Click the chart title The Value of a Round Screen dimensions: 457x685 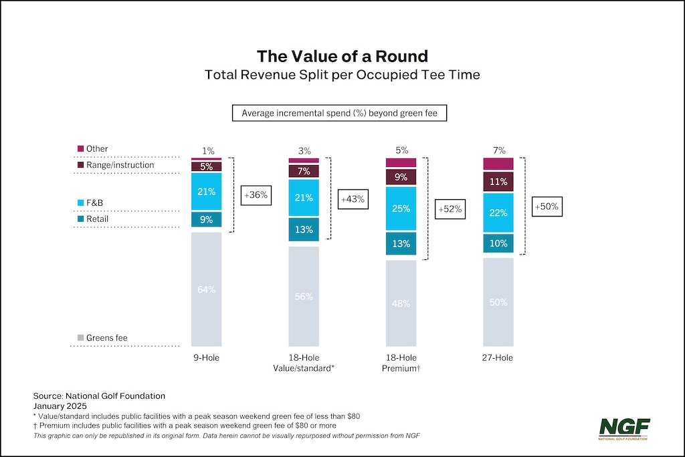[342, 55]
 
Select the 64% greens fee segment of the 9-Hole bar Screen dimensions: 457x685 [206, 289]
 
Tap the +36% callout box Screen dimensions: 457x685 [254, 195]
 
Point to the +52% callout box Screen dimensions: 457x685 [449, 209]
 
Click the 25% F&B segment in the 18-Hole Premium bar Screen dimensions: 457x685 [401, 209]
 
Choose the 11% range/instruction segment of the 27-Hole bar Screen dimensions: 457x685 [498, 181]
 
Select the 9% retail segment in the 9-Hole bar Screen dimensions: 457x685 [206, 218]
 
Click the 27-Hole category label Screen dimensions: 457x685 [498, 358]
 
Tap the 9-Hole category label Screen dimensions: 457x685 [206, 358]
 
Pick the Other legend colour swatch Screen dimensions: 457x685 [81, 149]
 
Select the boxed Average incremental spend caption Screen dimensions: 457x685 [339, 113]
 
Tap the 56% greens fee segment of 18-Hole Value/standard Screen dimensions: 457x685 [304, 296]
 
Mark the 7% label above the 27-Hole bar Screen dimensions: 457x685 [498, 150]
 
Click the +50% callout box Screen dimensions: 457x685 [546, 207]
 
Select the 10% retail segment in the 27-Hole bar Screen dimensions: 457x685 [498, 243]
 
